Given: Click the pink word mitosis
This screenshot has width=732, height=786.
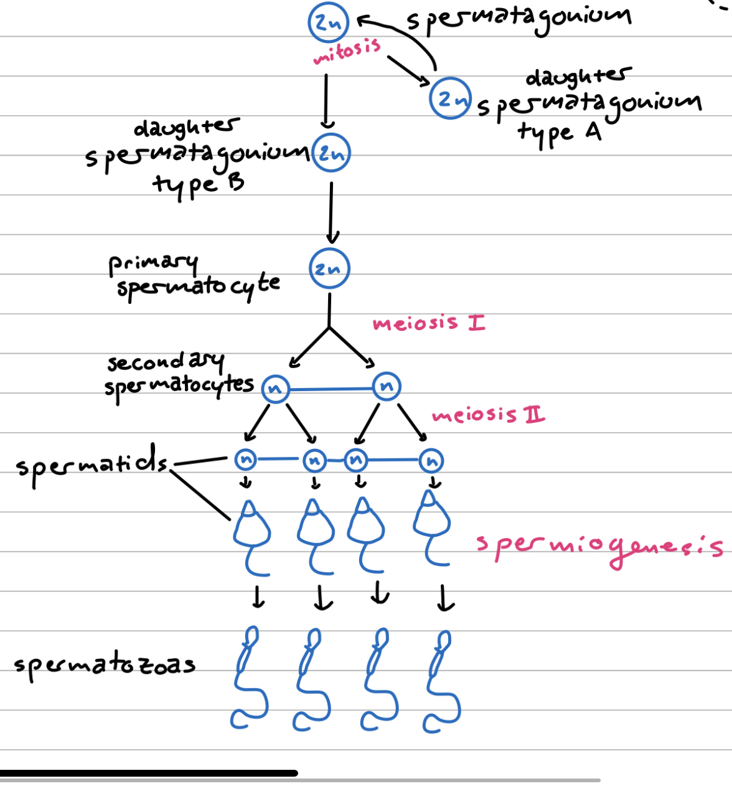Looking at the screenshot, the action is tap(347, 50).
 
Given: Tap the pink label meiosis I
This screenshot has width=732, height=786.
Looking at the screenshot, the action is tap(429, 323).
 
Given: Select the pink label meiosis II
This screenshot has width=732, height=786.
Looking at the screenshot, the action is tap(489, 415).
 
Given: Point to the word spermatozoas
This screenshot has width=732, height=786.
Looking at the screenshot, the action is tap(105, 665).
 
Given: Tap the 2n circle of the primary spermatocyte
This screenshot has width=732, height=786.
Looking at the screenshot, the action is tap(329, 268).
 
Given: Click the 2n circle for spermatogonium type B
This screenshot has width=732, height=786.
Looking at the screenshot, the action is tap(332, 153).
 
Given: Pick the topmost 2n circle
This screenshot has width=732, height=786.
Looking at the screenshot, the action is tap(328, 22).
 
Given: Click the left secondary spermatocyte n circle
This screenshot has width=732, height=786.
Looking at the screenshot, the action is tap(274, 389).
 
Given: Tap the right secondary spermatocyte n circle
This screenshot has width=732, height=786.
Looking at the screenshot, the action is tap(387, 386).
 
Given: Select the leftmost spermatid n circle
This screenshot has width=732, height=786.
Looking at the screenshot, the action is tap(246, 460).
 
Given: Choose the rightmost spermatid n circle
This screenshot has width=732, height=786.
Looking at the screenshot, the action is tap(431, 461).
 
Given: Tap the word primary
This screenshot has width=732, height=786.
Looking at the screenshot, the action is tap(153, 263).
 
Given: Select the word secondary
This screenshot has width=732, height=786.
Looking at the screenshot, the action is tap(165, 361).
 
